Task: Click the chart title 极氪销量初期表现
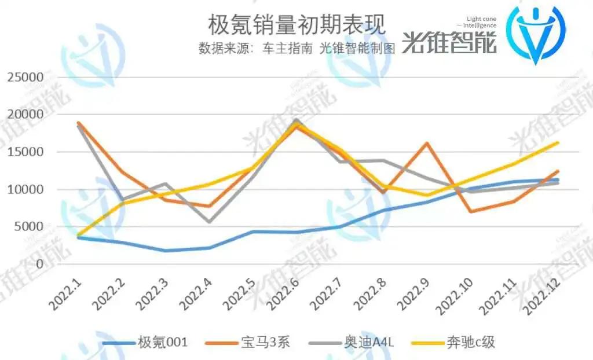tap(296, 24)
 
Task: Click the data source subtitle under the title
tap(296, 49)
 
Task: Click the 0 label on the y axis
tap(40, 265)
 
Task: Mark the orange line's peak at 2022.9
tap(427, 142)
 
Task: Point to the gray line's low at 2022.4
tap(208, 222)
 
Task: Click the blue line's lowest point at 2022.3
tap(165, 251)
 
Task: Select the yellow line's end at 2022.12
tap(558, 142)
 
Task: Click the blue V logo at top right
tap(536, 34)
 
